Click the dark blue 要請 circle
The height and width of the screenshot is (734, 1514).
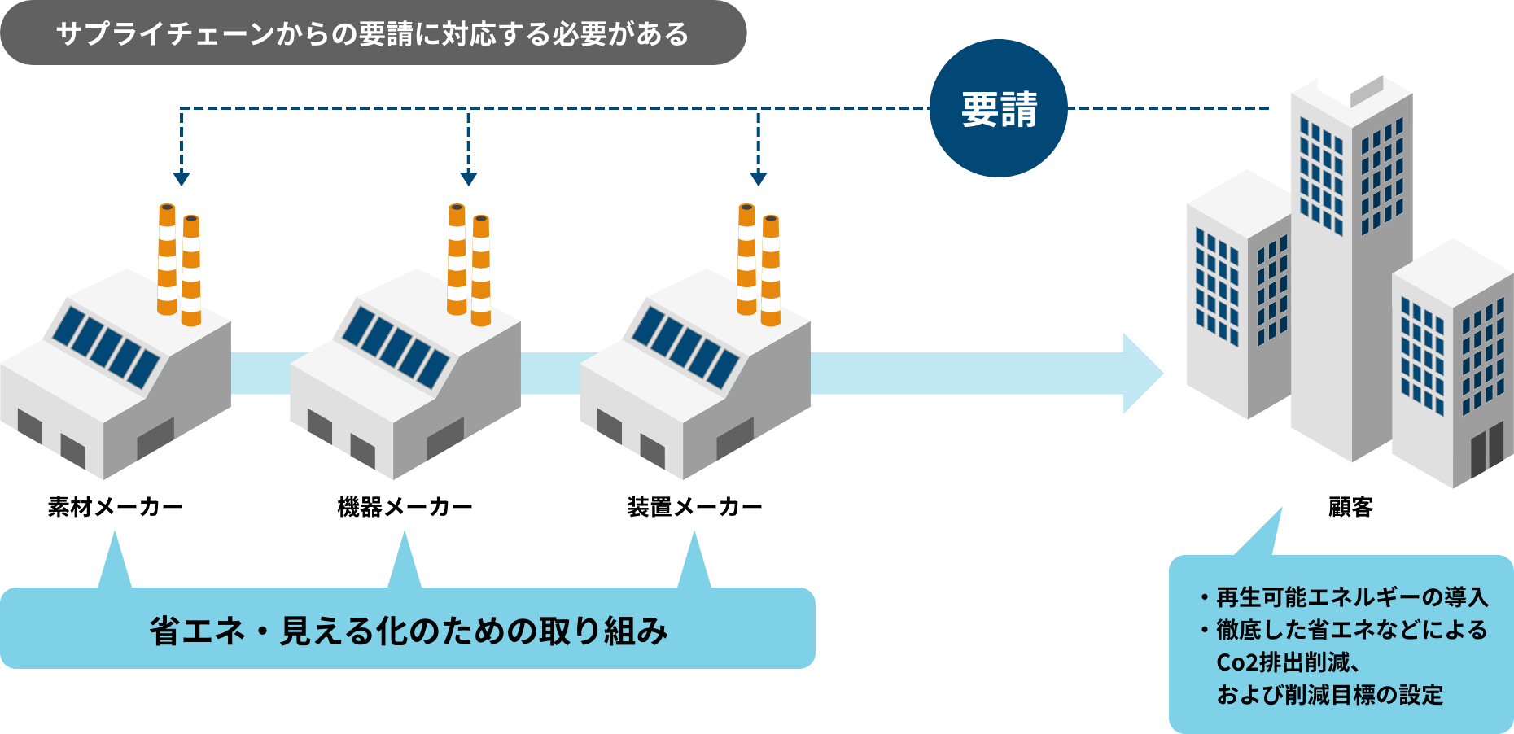point(998,108)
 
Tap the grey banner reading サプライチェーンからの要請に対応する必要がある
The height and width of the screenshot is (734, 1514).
point(372,33)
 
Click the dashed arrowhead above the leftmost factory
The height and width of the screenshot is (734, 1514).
point(182,178)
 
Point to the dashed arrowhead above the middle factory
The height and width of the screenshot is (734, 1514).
point(468,178)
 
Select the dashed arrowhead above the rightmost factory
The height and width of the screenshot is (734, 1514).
point(758,178)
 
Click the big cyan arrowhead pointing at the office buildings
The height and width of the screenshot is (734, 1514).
point(1141,374)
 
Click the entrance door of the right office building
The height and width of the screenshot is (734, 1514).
point(1486,450)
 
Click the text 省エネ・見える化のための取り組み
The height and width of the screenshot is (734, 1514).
point(408,631)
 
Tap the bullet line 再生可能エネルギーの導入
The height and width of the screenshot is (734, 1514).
point(1351,598)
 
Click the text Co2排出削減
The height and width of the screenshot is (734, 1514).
point(1283,662)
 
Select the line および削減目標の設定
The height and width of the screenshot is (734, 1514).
point(1329,695)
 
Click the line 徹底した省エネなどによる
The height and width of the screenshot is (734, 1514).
point(1351,630)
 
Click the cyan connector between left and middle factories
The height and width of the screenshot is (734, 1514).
point(260,374)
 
